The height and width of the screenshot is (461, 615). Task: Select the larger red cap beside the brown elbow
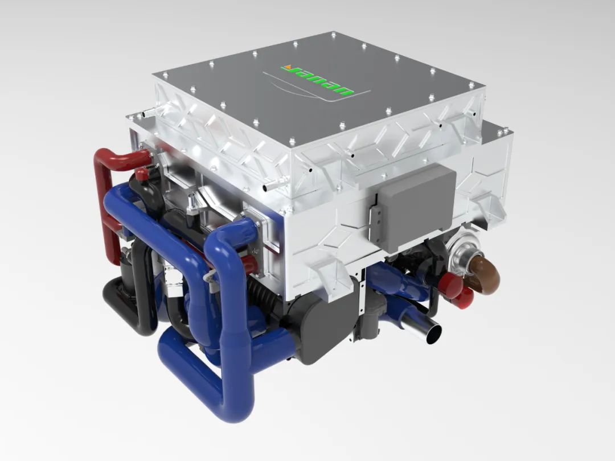click(451, 285)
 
